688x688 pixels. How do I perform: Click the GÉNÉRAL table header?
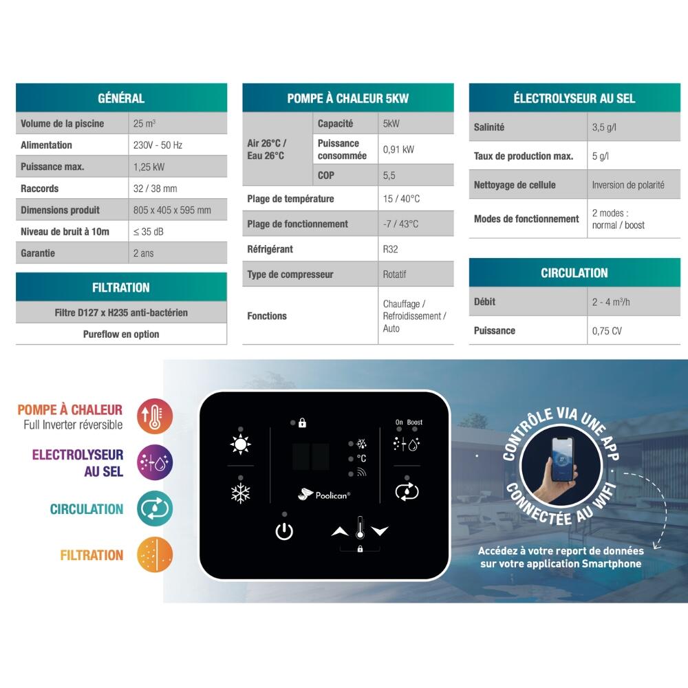(121, 98)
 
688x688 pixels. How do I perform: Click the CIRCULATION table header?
(574, 272)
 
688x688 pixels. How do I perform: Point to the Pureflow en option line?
(121, 334)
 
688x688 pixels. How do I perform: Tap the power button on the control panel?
(284, 531)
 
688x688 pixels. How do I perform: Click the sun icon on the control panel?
(240, 444)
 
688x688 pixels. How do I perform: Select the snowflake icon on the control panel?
(240, 493)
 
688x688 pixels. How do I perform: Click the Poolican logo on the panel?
(324, 495)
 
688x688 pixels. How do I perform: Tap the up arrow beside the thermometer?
(340, 531)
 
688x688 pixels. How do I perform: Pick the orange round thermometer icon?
(154, 416)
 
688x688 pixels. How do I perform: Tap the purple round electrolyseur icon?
(154, 462)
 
